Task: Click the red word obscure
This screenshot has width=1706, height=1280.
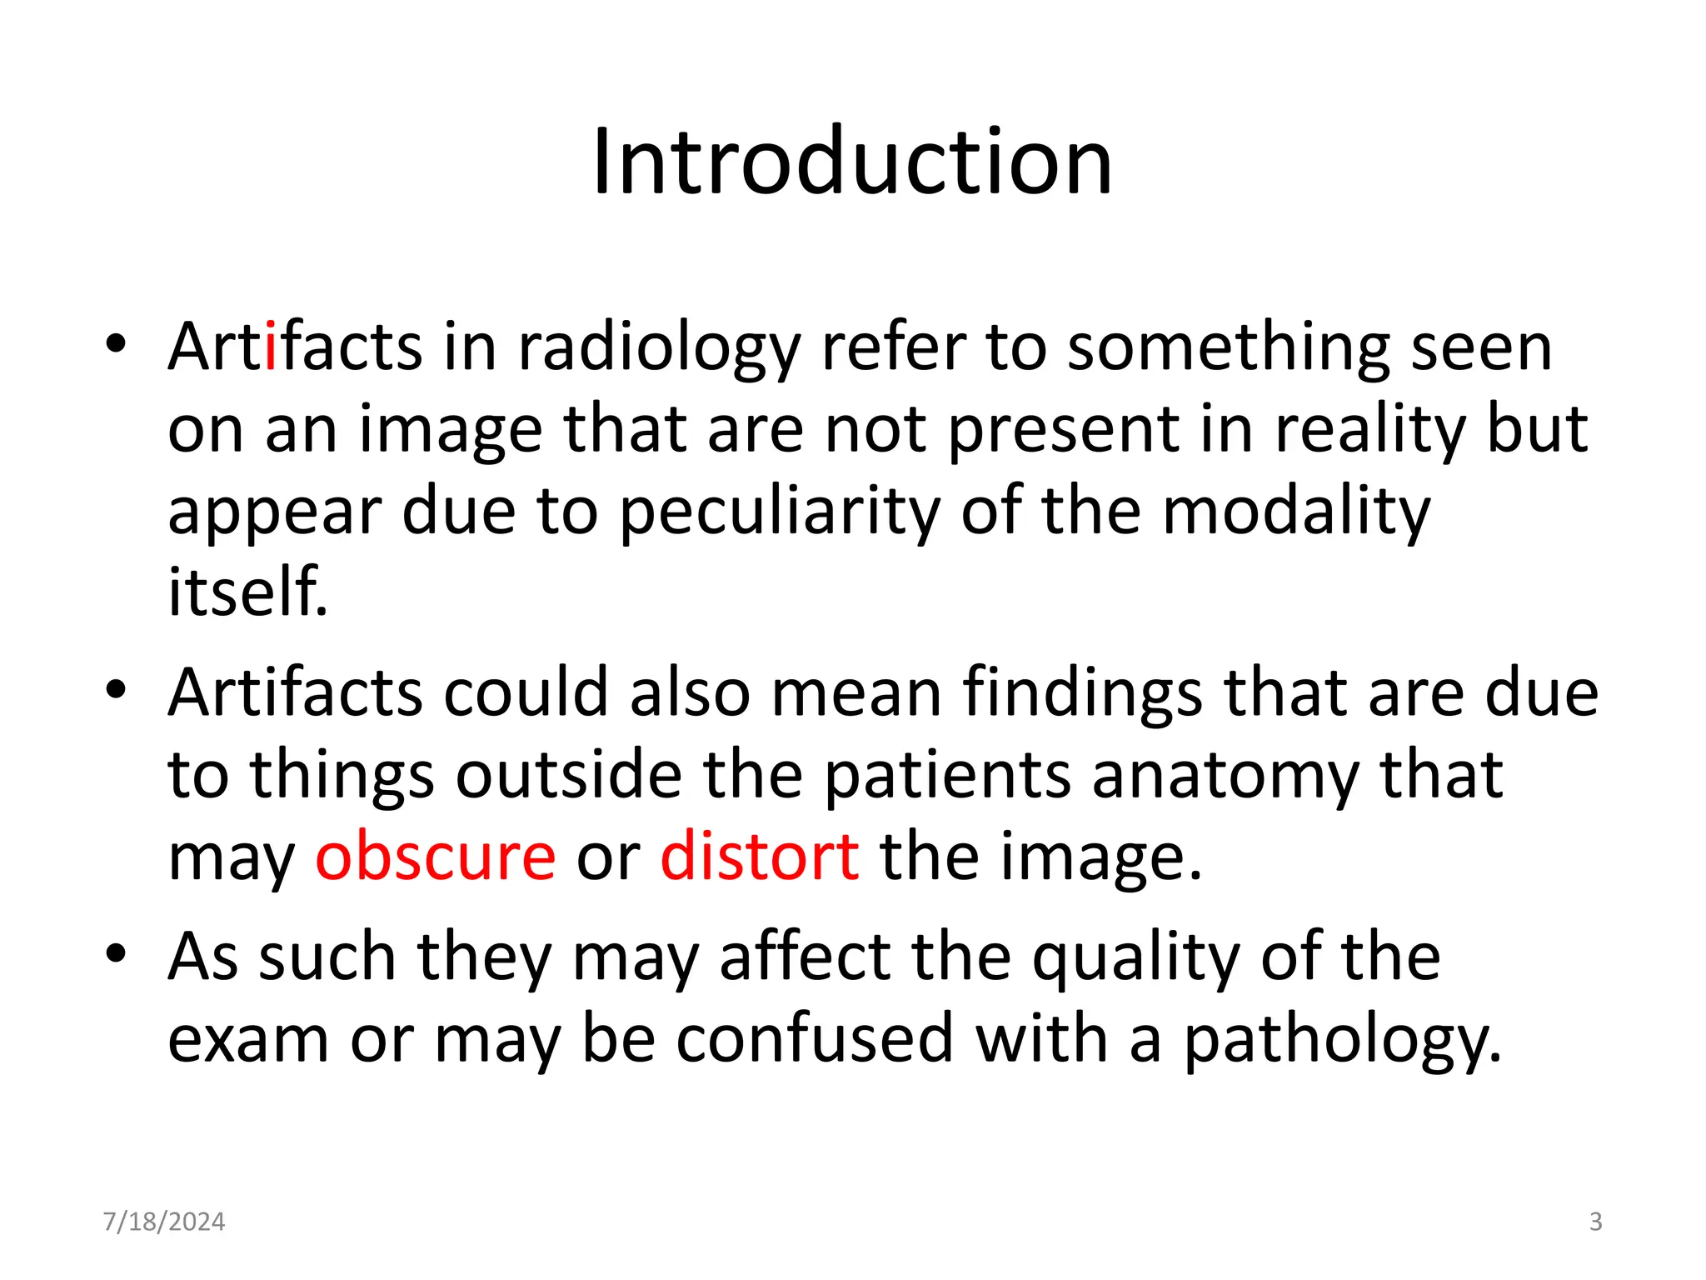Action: point(435,857)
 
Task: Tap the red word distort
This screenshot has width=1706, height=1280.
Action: point(759,857)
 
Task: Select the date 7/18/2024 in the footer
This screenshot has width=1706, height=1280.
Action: point(164,1222)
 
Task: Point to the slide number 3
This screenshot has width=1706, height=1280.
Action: point(1595,1222)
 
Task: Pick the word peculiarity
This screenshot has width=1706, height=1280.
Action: point(780,512)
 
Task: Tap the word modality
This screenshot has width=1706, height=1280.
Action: point(1295,512)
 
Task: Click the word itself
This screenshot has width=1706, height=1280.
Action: point(247,592)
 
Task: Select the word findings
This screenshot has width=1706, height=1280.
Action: point(1082,694)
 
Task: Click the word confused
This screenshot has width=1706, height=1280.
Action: point(814,1038)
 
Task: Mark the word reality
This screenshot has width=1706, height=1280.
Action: point(1370,431)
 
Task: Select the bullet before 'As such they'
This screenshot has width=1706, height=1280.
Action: point(116,952)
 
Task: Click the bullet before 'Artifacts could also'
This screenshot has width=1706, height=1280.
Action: point(116,689)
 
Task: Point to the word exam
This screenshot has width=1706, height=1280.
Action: point(248,1040)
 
